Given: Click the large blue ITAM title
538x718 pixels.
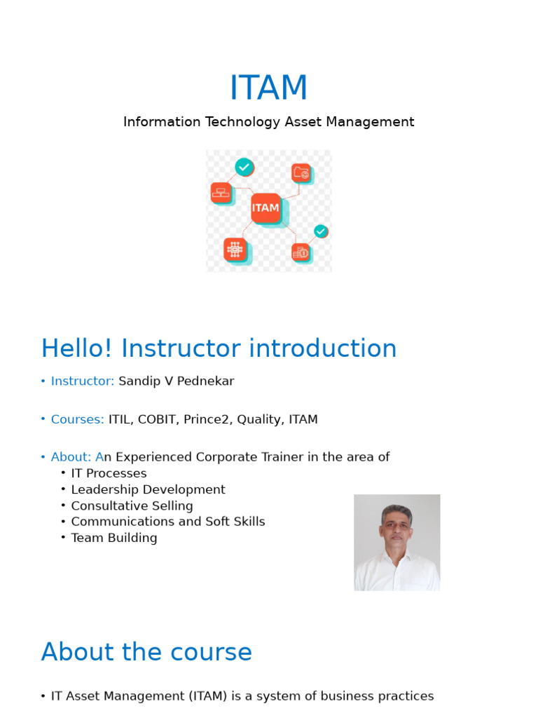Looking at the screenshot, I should click(268, 88).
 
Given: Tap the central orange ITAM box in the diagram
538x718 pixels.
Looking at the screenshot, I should click(265, 208).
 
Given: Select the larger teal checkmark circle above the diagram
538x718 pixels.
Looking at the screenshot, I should click(244, 167).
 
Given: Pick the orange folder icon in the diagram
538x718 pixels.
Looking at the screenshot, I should click(301, 172).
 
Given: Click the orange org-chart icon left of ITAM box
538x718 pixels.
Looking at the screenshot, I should click(221, 193).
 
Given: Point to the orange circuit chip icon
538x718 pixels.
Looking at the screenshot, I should click(235, 250).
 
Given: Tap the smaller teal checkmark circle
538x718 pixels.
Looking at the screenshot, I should click(321, 231).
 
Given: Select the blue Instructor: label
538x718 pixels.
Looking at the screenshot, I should click(82, 381).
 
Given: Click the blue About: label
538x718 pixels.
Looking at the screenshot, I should click(70, 457).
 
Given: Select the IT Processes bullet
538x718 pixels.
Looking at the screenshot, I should click(109, 473).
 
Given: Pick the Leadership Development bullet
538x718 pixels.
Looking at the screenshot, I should click(148, 489).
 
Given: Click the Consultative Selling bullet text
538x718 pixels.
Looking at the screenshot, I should click(132, 506).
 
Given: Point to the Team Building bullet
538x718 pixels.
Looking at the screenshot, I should click(113, 538).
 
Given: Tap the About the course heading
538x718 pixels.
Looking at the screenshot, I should click(146, 652).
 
